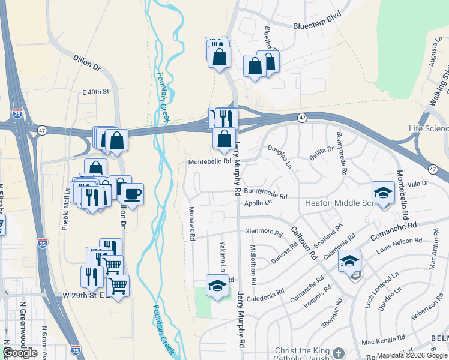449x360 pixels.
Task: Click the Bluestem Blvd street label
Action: (316, 22)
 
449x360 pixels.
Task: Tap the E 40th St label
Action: (95, 92)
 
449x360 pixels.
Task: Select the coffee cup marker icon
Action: (133, 194)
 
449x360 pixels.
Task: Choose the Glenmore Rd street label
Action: (264, 232)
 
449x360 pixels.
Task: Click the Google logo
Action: (20, 353)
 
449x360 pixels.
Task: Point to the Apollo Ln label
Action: (257, 203)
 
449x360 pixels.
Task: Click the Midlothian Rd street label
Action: (253, 265)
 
